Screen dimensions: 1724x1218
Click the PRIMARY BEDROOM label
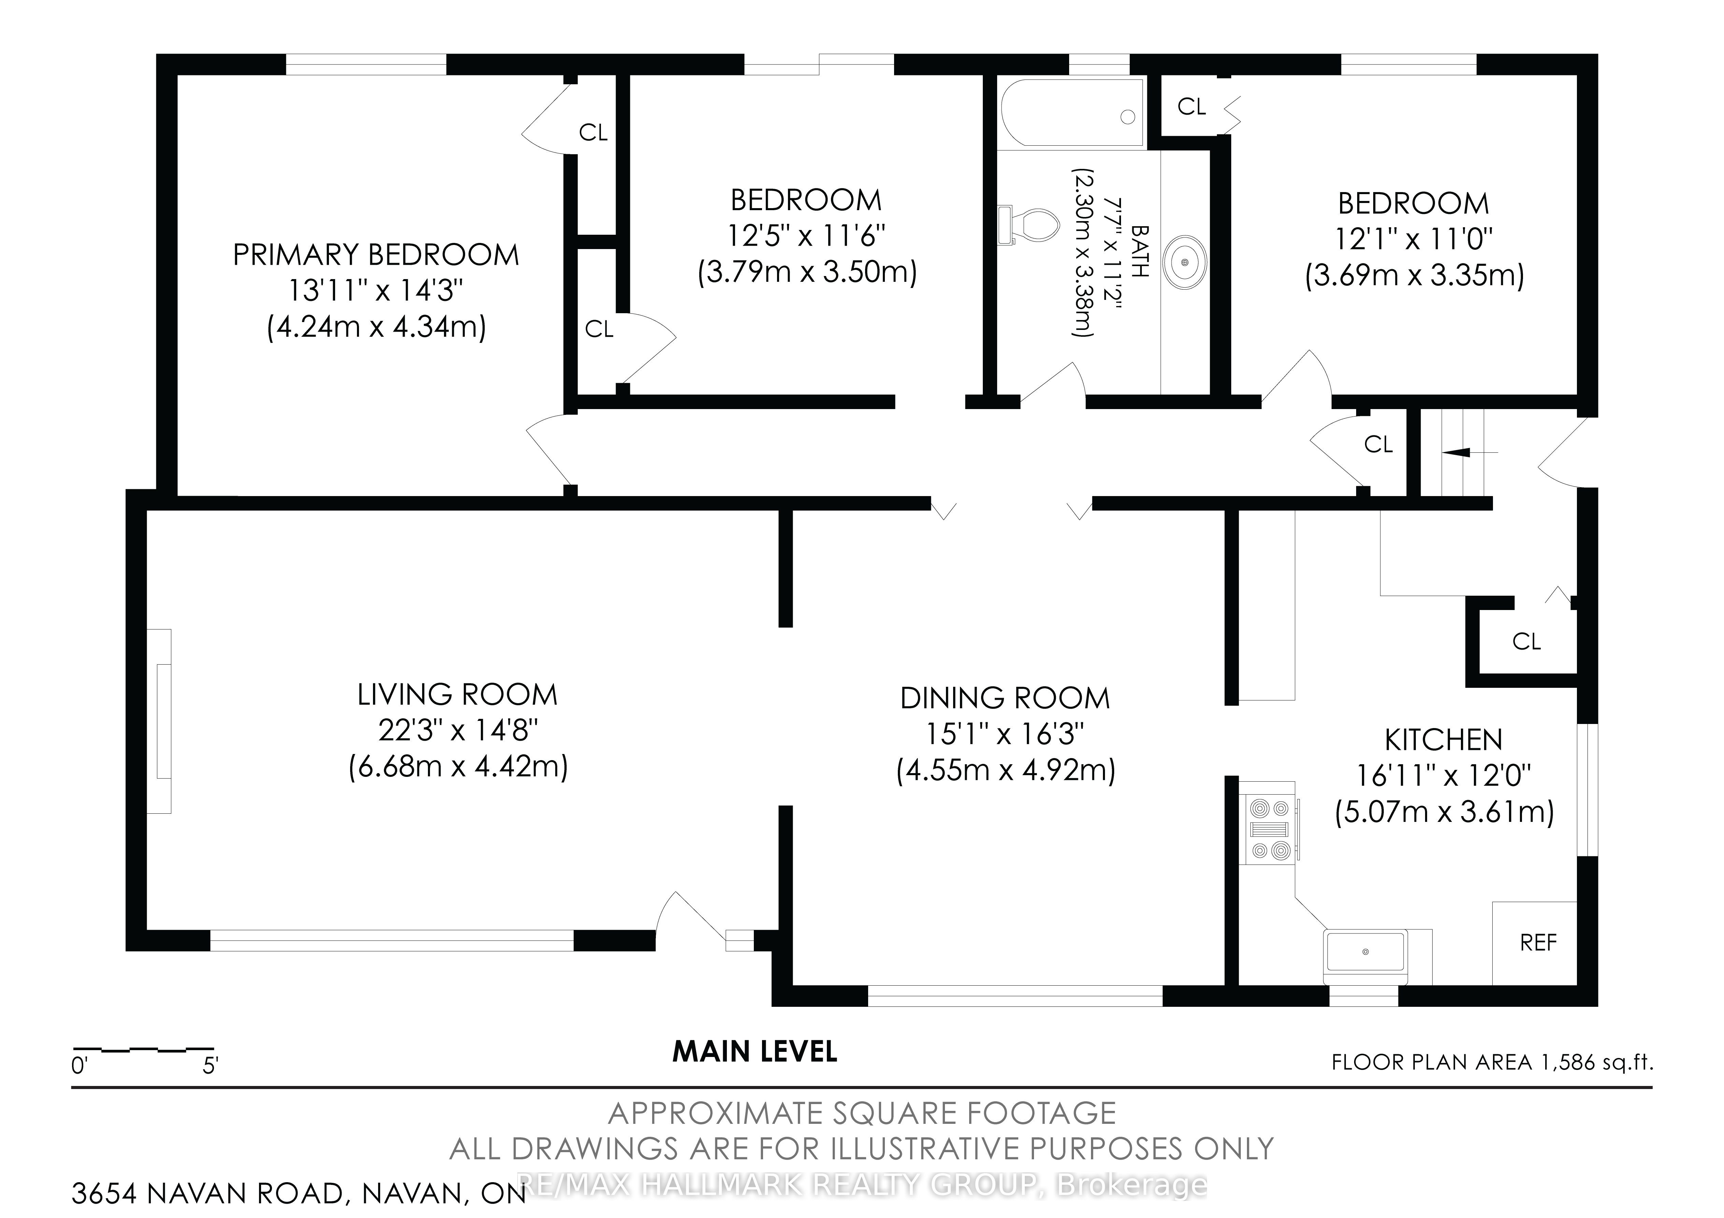click(x=376, y=255)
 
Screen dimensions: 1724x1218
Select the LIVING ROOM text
click(x=457, y=695)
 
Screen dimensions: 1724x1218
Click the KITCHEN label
click(x=1443, y=740)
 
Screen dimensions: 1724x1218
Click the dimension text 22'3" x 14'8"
click(x=457, y=730)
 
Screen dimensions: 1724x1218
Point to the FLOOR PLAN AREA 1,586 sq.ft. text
click(x=1493, y=1062)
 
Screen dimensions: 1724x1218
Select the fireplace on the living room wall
click(x=160, y=721)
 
